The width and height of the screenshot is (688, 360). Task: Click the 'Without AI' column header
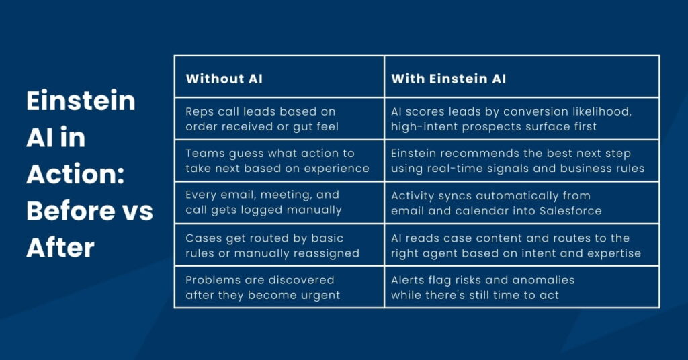click(x=224, y=79)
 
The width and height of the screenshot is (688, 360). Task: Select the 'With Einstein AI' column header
click(x=448, y=79)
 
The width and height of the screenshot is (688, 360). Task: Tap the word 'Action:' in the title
click(x=75, y=174)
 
